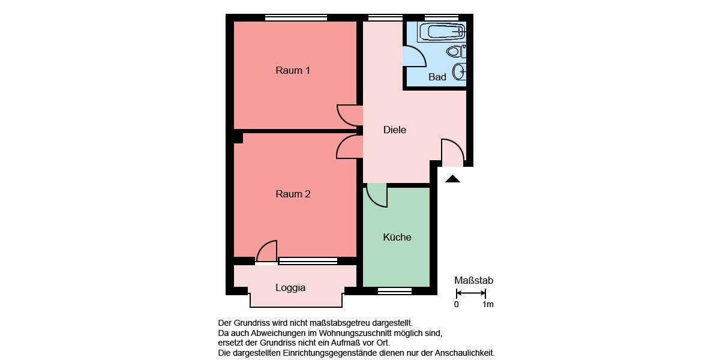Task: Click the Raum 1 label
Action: [x=293, y=70]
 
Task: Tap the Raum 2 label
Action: [x=293, y=194]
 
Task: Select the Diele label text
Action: [x=395, y=130]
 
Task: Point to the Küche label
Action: [x=397, y=237]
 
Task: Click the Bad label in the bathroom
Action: [x=437, y=77]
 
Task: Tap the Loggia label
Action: [x=290, y=287]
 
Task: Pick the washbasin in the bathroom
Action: [x=460, y=72]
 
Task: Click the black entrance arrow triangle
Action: [x=452, y=179]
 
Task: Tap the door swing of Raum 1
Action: [x=348, y=115]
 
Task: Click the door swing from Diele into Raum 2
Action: [x=347, y=147]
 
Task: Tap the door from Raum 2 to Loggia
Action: [x=267, y=251]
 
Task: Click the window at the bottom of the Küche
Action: [x=395, y=291]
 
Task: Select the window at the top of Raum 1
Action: [x=296, y=17]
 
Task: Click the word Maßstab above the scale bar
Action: [x=474, y=280]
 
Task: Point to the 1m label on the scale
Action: [x=488, y=304]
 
